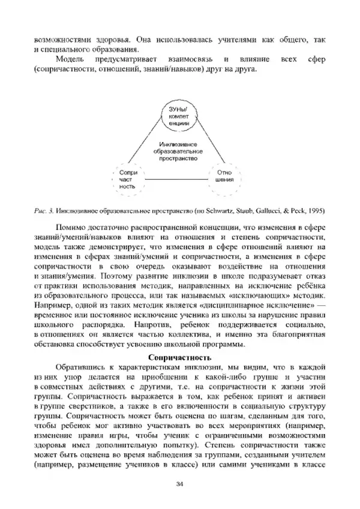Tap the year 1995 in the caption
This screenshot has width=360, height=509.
pos(315,211)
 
